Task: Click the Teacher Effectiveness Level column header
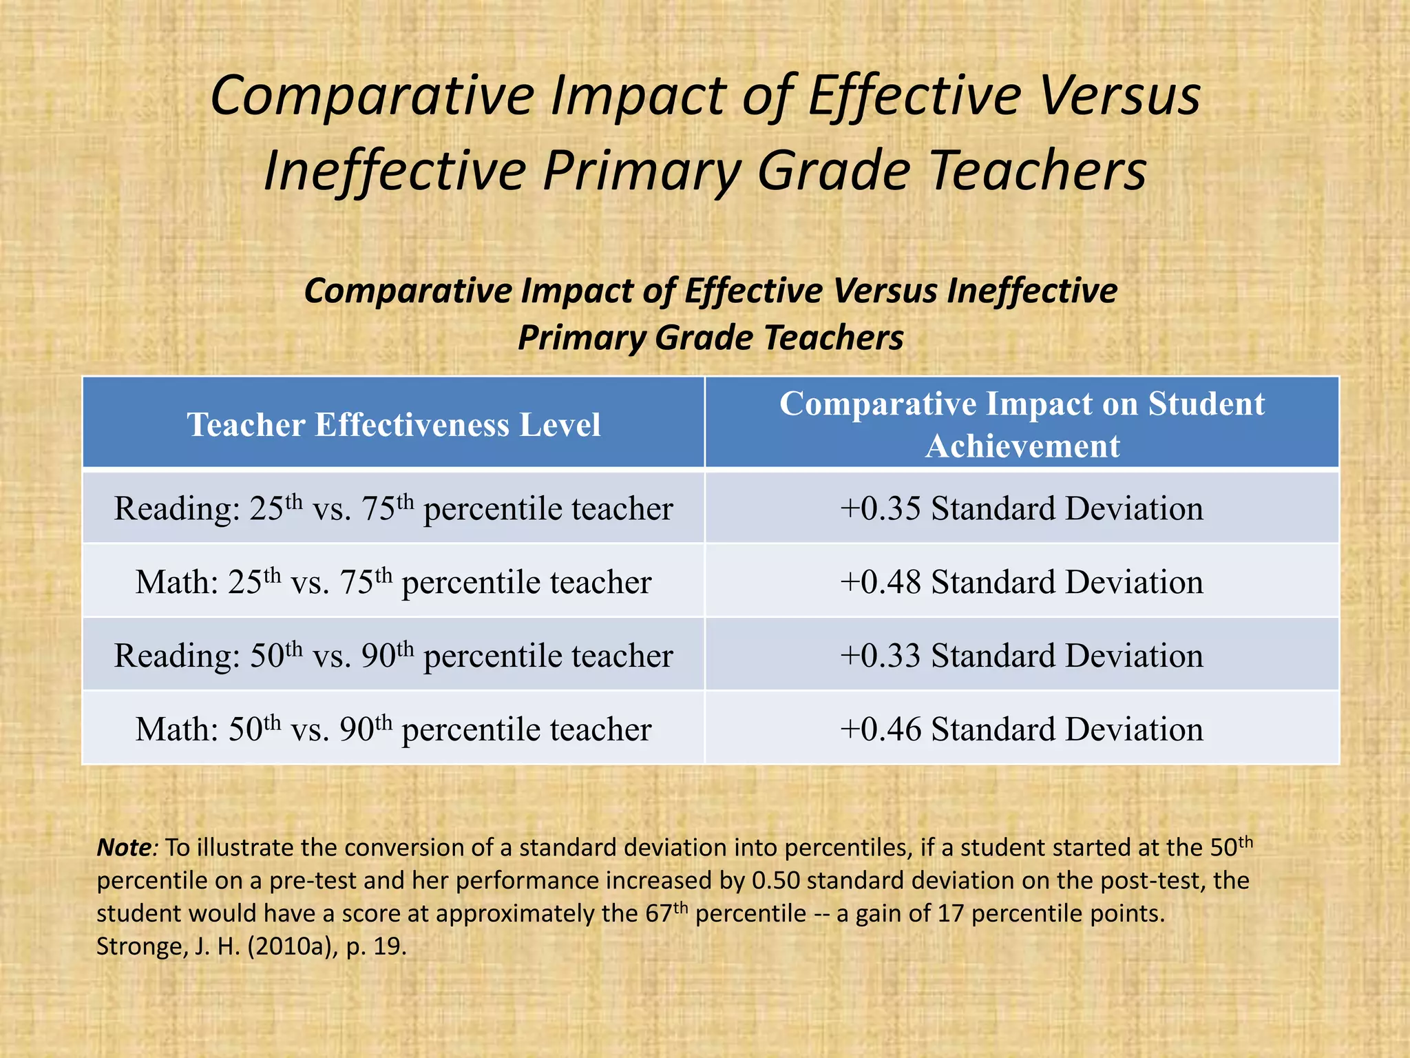coord(393,424)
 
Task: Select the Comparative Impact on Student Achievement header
coord(1022,424)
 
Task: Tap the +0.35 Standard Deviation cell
coord(1022,509)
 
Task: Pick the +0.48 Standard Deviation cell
coord(1022,583)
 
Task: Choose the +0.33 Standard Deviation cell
coord(1022,656)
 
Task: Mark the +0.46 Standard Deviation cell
coord(1022,729)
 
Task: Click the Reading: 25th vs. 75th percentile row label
coord(393,509)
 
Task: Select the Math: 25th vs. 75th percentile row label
coord(393,583)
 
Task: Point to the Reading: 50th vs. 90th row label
coord(393,656)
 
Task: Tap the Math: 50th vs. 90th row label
coord(393,729)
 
